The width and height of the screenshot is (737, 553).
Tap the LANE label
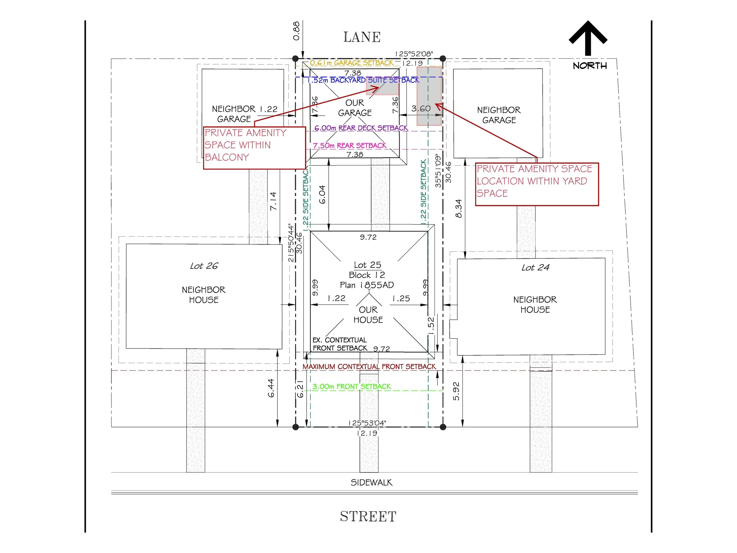tap(362, 37)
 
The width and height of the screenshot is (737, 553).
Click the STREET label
tap(368, 516)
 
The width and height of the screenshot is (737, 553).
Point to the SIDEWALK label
tap(371, 482)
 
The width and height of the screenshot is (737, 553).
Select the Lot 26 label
tap(204, 266)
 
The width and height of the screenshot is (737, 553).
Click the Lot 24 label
tap(535, 267)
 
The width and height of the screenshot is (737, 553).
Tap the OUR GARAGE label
tap(355, 108)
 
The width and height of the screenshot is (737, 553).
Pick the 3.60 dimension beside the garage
tap(421, 108)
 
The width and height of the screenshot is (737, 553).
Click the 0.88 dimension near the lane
tap(296, 31)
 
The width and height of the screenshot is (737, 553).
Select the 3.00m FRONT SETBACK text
tap(351, 386)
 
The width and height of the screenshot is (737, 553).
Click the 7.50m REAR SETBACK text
tap(350, 145)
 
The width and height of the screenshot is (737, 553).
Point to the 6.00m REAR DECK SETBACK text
tap(361, 128)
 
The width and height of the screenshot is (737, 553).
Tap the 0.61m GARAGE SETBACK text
tap(351, 63)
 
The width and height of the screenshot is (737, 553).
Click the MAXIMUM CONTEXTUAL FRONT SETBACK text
tap(369, 366)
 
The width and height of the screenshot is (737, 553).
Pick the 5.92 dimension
tap(456, 391)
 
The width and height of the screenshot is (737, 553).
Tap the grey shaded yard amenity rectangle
tap(430, 96)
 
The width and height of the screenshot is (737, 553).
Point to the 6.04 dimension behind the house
tap(322, 194)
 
